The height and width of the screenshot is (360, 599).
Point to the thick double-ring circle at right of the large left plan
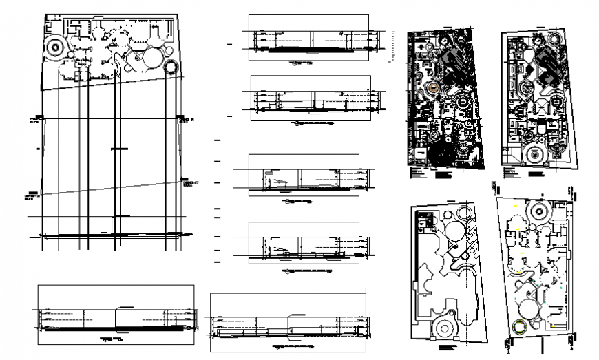pyautogui.click(x=170, y=67)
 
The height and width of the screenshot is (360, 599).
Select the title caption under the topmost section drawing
pyautogui.click(x=300, y=63)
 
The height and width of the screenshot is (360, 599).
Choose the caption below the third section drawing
pyautogui.click(x=297, y=202)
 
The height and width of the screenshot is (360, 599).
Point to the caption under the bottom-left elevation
pyautogui.click(x=110, y=341)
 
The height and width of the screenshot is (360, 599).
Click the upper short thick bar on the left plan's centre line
pyautogui.click(x=120, y=148)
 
